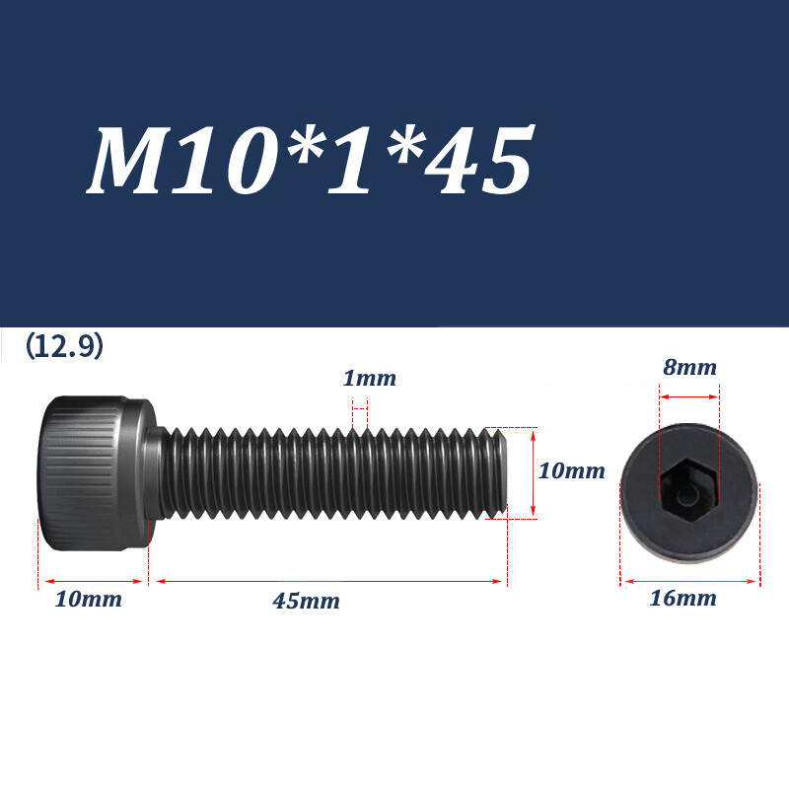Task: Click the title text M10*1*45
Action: (311, 161)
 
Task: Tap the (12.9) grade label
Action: (64, 347)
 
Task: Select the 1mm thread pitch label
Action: (369, 379)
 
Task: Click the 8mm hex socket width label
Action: (688, 368)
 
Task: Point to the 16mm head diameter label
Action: (682, 598)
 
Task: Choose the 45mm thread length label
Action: (306, 601)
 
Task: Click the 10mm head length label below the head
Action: (89, 599)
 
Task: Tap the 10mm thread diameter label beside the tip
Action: (571, 471)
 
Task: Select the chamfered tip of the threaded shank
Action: (500, 470)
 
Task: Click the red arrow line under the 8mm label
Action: (688, 396)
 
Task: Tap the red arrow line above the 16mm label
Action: (689, 582)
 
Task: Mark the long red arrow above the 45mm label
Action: (329, 582)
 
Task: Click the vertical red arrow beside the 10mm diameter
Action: (533, 472)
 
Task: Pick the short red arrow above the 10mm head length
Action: (93, 582)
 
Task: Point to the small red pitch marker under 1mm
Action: (360, 404)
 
